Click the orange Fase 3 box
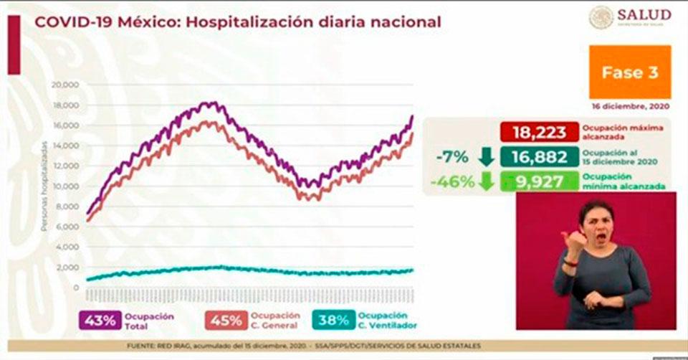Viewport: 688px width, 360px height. point(630,72)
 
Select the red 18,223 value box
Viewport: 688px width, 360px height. point(540,132)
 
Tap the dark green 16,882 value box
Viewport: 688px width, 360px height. point(540,157)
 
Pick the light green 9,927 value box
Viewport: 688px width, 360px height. point(540,181)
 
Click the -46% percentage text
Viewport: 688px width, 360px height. point(452,181)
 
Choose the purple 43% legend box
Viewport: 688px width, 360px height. point(101,321)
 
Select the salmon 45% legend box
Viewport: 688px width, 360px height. point(226,321)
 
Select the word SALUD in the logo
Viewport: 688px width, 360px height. point(644,15)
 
